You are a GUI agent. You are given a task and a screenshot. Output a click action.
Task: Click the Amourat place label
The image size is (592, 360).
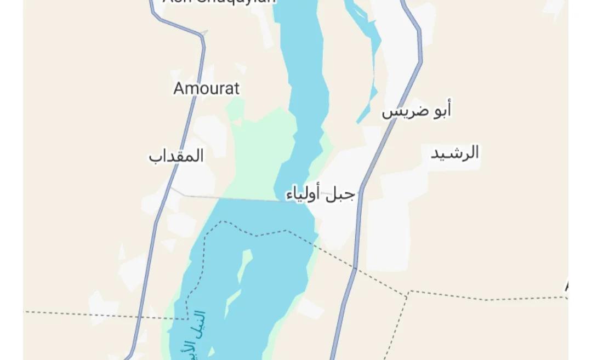207,88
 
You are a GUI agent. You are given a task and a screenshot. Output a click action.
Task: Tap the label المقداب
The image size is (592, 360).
176,156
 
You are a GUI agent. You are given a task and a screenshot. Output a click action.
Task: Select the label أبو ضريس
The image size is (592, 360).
417,111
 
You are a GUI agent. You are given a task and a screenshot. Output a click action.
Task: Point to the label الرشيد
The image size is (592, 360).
454,153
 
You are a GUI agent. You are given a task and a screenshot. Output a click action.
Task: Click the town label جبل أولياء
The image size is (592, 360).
321,194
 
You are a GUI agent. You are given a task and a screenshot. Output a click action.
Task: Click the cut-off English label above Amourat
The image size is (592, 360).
219,2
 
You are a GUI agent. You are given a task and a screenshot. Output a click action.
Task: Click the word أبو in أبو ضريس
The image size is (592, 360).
441,111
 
